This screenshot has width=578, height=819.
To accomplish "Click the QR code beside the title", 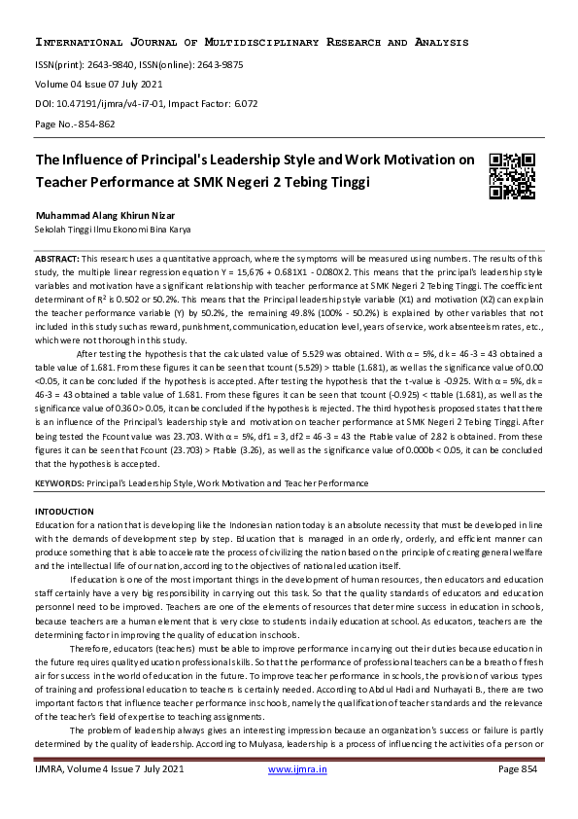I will (x=512, y=175).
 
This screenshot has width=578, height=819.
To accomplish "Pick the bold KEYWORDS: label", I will (x=60, y=482).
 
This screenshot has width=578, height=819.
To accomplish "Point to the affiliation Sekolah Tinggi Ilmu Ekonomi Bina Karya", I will (x=113, y=230).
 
